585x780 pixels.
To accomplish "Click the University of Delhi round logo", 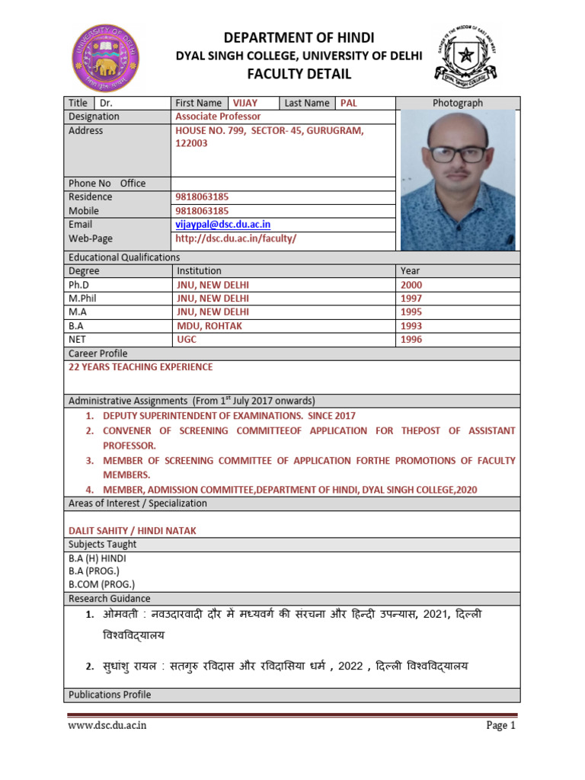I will click(x=107, y=56).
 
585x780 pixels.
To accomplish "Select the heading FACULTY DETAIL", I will click(x=297, y=74).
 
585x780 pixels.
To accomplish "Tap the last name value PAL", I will click(x=348, y=103).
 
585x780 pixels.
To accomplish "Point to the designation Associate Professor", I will click(x=218, y=117).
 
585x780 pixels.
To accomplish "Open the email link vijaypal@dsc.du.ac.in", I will click(x=222, y=225).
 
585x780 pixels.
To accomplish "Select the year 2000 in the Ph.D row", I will click(x=411, y=285).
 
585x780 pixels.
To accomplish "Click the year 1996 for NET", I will click(x=411, y=340).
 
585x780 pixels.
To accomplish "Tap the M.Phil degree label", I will click(x=84, y=299).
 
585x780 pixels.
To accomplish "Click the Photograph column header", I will click(x=457, y=103).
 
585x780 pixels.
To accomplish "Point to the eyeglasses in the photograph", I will click(x=457, y=153).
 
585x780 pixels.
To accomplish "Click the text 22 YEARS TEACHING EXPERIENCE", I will click(x=141, y=367).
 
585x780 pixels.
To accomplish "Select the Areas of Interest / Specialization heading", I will click(x=138, y=503).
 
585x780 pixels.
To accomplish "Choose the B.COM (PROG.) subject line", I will click(x=101, y=585).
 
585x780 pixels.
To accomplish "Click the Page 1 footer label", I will click(x=501, y=726).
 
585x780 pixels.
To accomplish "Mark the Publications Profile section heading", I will click(x=110, y=695).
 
